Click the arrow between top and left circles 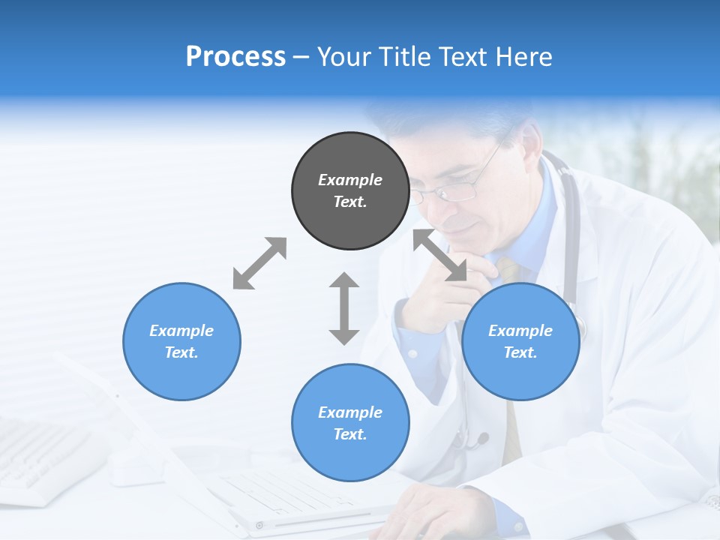click(x=259, y=263)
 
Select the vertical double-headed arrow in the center click(x=344, y=308)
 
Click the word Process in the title click(x=235, y=56)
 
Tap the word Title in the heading click(x=403, y=56)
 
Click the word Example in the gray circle click(x=350, y=180)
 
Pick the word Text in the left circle click(x=181, y=352)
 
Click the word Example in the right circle click(x=520, y=331)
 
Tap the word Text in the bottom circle click(x=350, y=434)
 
